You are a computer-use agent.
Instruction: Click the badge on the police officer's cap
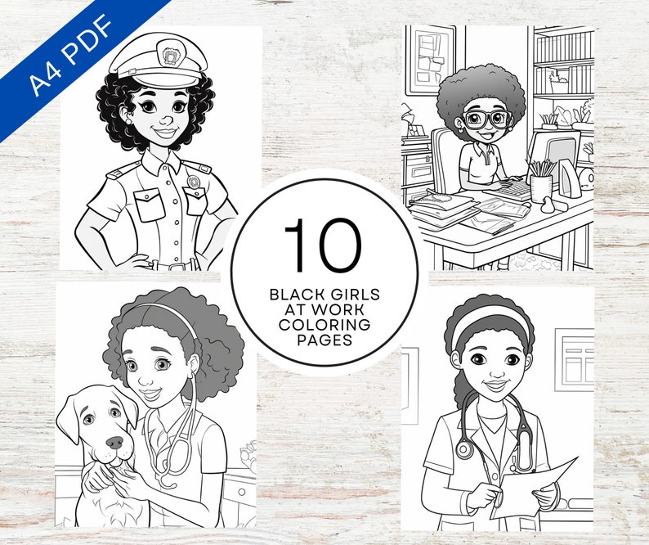click(171, 56)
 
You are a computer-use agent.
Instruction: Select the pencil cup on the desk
click(541, 187)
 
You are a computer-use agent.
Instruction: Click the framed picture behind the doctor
click(575, 359)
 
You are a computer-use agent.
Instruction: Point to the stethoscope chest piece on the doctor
click(465, 450)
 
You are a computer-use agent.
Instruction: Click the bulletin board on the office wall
click(430, 59)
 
